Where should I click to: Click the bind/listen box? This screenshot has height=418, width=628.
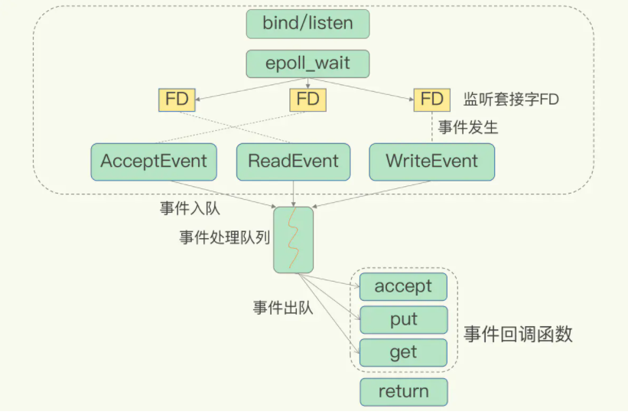(x=307, y=23)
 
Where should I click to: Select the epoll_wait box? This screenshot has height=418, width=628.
(x=307, y=64)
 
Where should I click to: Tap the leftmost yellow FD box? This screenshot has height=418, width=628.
(x=177, y=99)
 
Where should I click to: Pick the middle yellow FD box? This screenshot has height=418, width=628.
(x=307, y=99)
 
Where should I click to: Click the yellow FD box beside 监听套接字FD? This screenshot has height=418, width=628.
(x=431, y=99)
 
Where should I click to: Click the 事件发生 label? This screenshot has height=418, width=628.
(x=467, y=127)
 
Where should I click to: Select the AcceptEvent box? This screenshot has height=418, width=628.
(x=154, y=162)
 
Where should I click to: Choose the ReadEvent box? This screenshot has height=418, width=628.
(x=293, y=162)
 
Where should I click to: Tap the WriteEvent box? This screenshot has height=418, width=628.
(x=431, y=162)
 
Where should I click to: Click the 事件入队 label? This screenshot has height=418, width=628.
(x=186, y=208)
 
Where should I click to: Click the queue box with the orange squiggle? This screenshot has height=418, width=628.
(x=293, y=239)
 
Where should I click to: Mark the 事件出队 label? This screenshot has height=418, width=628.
(x=283, y=308)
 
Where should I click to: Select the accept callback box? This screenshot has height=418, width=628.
(x=403, y=286)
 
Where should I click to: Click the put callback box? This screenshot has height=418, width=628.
(x=403, y=319)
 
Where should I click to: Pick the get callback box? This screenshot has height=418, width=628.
(x=403, y=352)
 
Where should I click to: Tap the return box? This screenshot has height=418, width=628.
(x=403, y=392)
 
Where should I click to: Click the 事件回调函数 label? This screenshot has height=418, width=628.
(x=518, y=334)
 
